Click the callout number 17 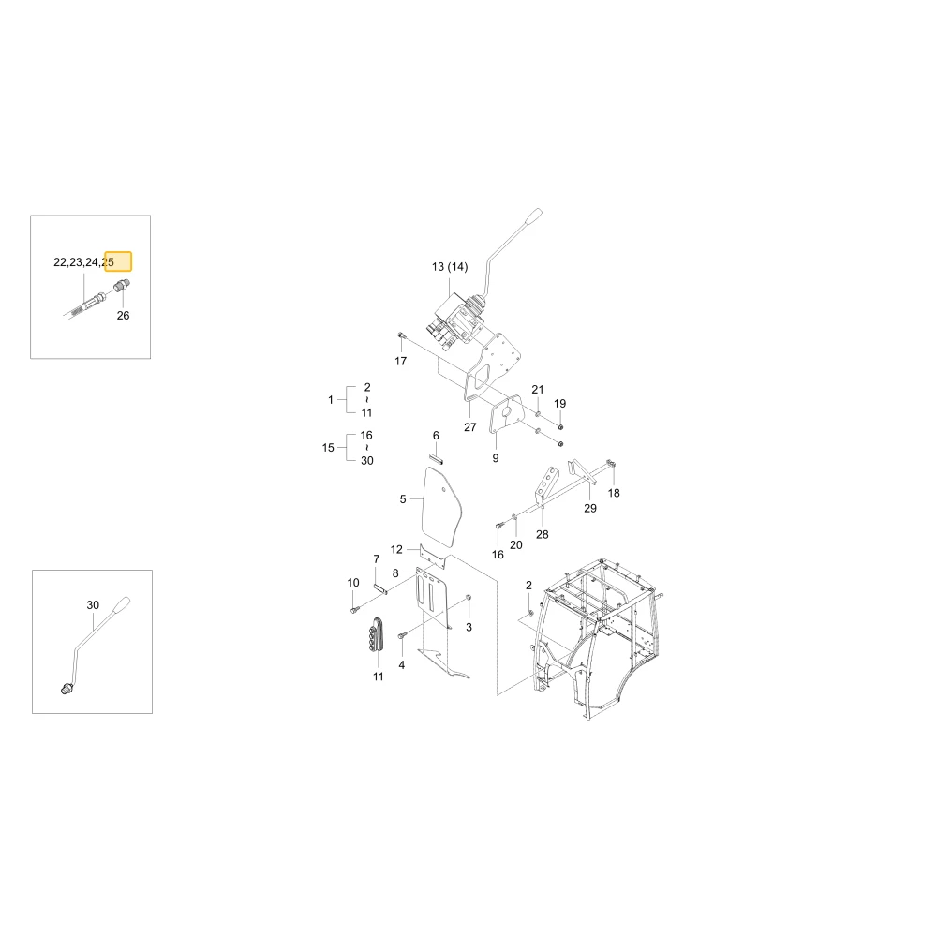click(x=400, y=361)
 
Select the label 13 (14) click(x=450, y=266)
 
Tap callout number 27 click(x=470, y=426)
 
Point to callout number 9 click(x=496, y=458)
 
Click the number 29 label click(x=589, y=508)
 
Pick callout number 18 click(x=614, y=493)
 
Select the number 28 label click(x=542, y=534)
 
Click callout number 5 click(x=403, y=499)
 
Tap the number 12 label click(x=396, y=549)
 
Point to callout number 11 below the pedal click(x=379, y=677)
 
